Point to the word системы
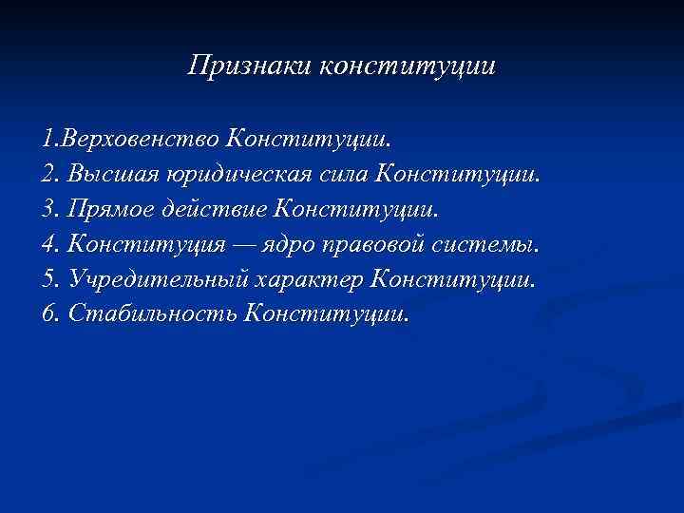point(492,244)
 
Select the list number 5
point(49,279)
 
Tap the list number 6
point(49,313)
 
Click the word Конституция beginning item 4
point(147,244)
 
